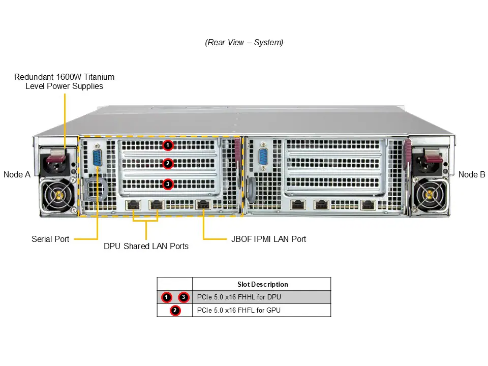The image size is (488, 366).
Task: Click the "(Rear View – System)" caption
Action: point(244,43)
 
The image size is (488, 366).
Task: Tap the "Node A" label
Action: point(17,174)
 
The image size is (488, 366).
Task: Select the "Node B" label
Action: point(471,174)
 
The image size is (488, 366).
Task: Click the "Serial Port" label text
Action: point(50,239)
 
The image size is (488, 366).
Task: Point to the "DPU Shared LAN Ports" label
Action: point(146,247)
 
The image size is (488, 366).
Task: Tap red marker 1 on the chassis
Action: point(168,145)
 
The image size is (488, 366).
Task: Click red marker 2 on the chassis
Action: point(168,164)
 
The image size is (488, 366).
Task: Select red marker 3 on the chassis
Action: point(168,184)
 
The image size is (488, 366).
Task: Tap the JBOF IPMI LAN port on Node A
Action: point(203,205)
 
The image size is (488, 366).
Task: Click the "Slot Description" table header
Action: point(262,284)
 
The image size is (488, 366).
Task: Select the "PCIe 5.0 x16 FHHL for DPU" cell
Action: point(239,297)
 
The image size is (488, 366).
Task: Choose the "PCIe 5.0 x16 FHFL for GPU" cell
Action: point(239,310)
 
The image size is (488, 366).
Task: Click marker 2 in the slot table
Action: point(175,310)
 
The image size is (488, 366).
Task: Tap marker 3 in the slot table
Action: point(184,297)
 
